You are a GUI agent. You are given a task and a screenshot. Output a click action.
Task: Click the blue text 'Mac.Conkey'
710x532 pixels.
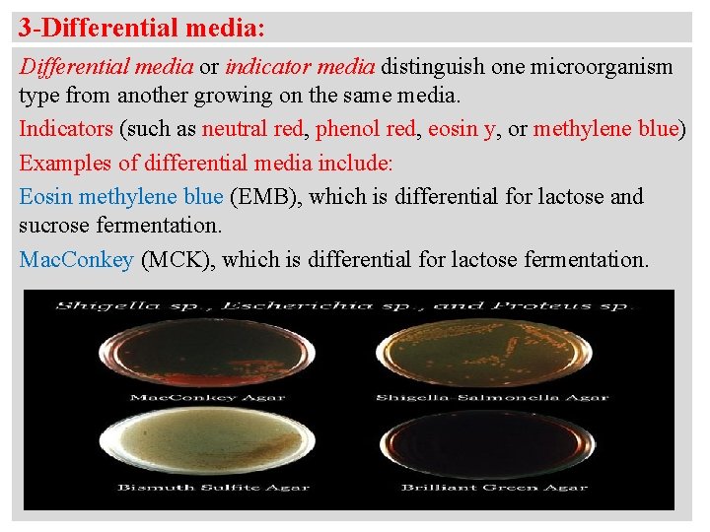77,260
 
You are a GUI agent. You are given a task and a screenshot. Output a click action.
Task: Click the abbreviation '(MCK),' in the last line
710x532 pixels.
179,260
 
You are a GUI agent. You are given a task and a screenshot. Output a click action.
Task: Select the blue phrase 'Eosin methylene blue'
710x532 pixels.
120,196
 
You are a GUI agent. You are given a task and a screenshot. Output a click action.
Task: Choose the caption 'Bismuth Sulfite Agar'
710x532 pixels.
213,487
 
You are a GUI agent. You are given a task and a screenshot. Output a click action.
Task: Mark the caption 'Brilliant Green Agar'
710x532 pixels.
494,487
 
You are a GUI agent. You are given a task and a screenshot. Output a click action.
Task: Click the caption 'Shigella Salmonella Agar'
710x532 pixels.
492,397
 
